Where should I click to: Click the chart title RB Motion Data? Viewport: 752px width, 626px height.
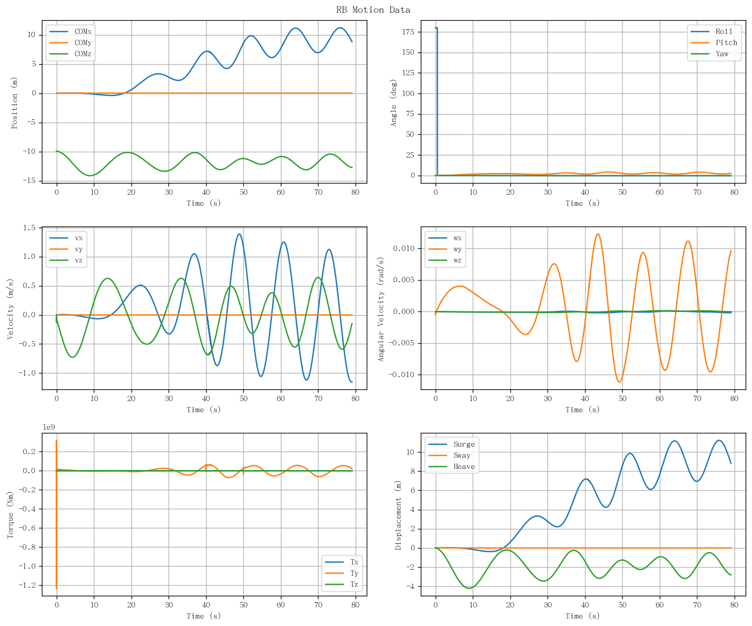(x=373, y=10)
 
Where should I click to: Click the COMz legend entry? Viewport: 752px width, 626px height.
(x=70, y=54)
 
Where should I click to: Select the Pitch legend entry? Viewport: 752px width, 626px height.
(x=714, y=42)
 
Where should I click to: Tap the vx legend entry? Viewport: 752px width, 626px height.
(x=66, y=238)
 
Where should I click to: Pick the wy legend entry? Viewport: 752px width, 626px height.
(x=445, y=249)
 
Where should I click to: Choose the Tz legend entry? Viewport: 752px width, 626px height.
(x=341, y=584)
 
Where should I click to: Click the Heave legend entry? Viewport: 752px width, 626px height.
(x=452, y=467)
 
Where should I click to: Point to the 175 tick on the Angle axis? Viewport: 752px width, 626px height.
(x=408, y=32)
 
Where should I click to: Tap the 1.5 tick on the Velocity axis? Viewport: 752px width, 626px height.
(x=29, y=228)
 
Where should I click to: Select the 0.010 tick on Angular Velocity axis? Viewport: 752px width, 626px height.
(x=404, y=248)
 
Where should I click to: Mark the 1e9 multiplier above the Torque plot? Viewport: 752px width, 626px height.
(x=49, y=427)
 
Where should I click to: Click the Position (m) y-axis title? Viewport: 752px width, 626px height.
(x=14, y=103)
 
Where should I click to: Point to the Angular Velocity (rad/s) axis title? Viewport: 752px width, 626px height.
(x=381, y=309)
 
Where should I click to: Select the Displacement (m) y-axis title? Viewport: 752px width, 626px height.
(x=398, y=515)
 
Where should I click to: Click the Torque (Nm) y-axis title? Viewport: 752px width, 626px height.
(x=10, y=515)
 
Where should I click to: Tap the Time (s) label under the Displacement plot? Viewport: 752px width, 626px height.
(x=582, y=616)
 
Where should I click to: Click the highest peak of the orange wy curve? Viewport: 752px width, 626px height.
(x=598, y=234)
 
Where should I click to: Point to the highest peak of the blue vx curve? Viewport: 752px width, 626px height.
(x=240, y=234)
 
